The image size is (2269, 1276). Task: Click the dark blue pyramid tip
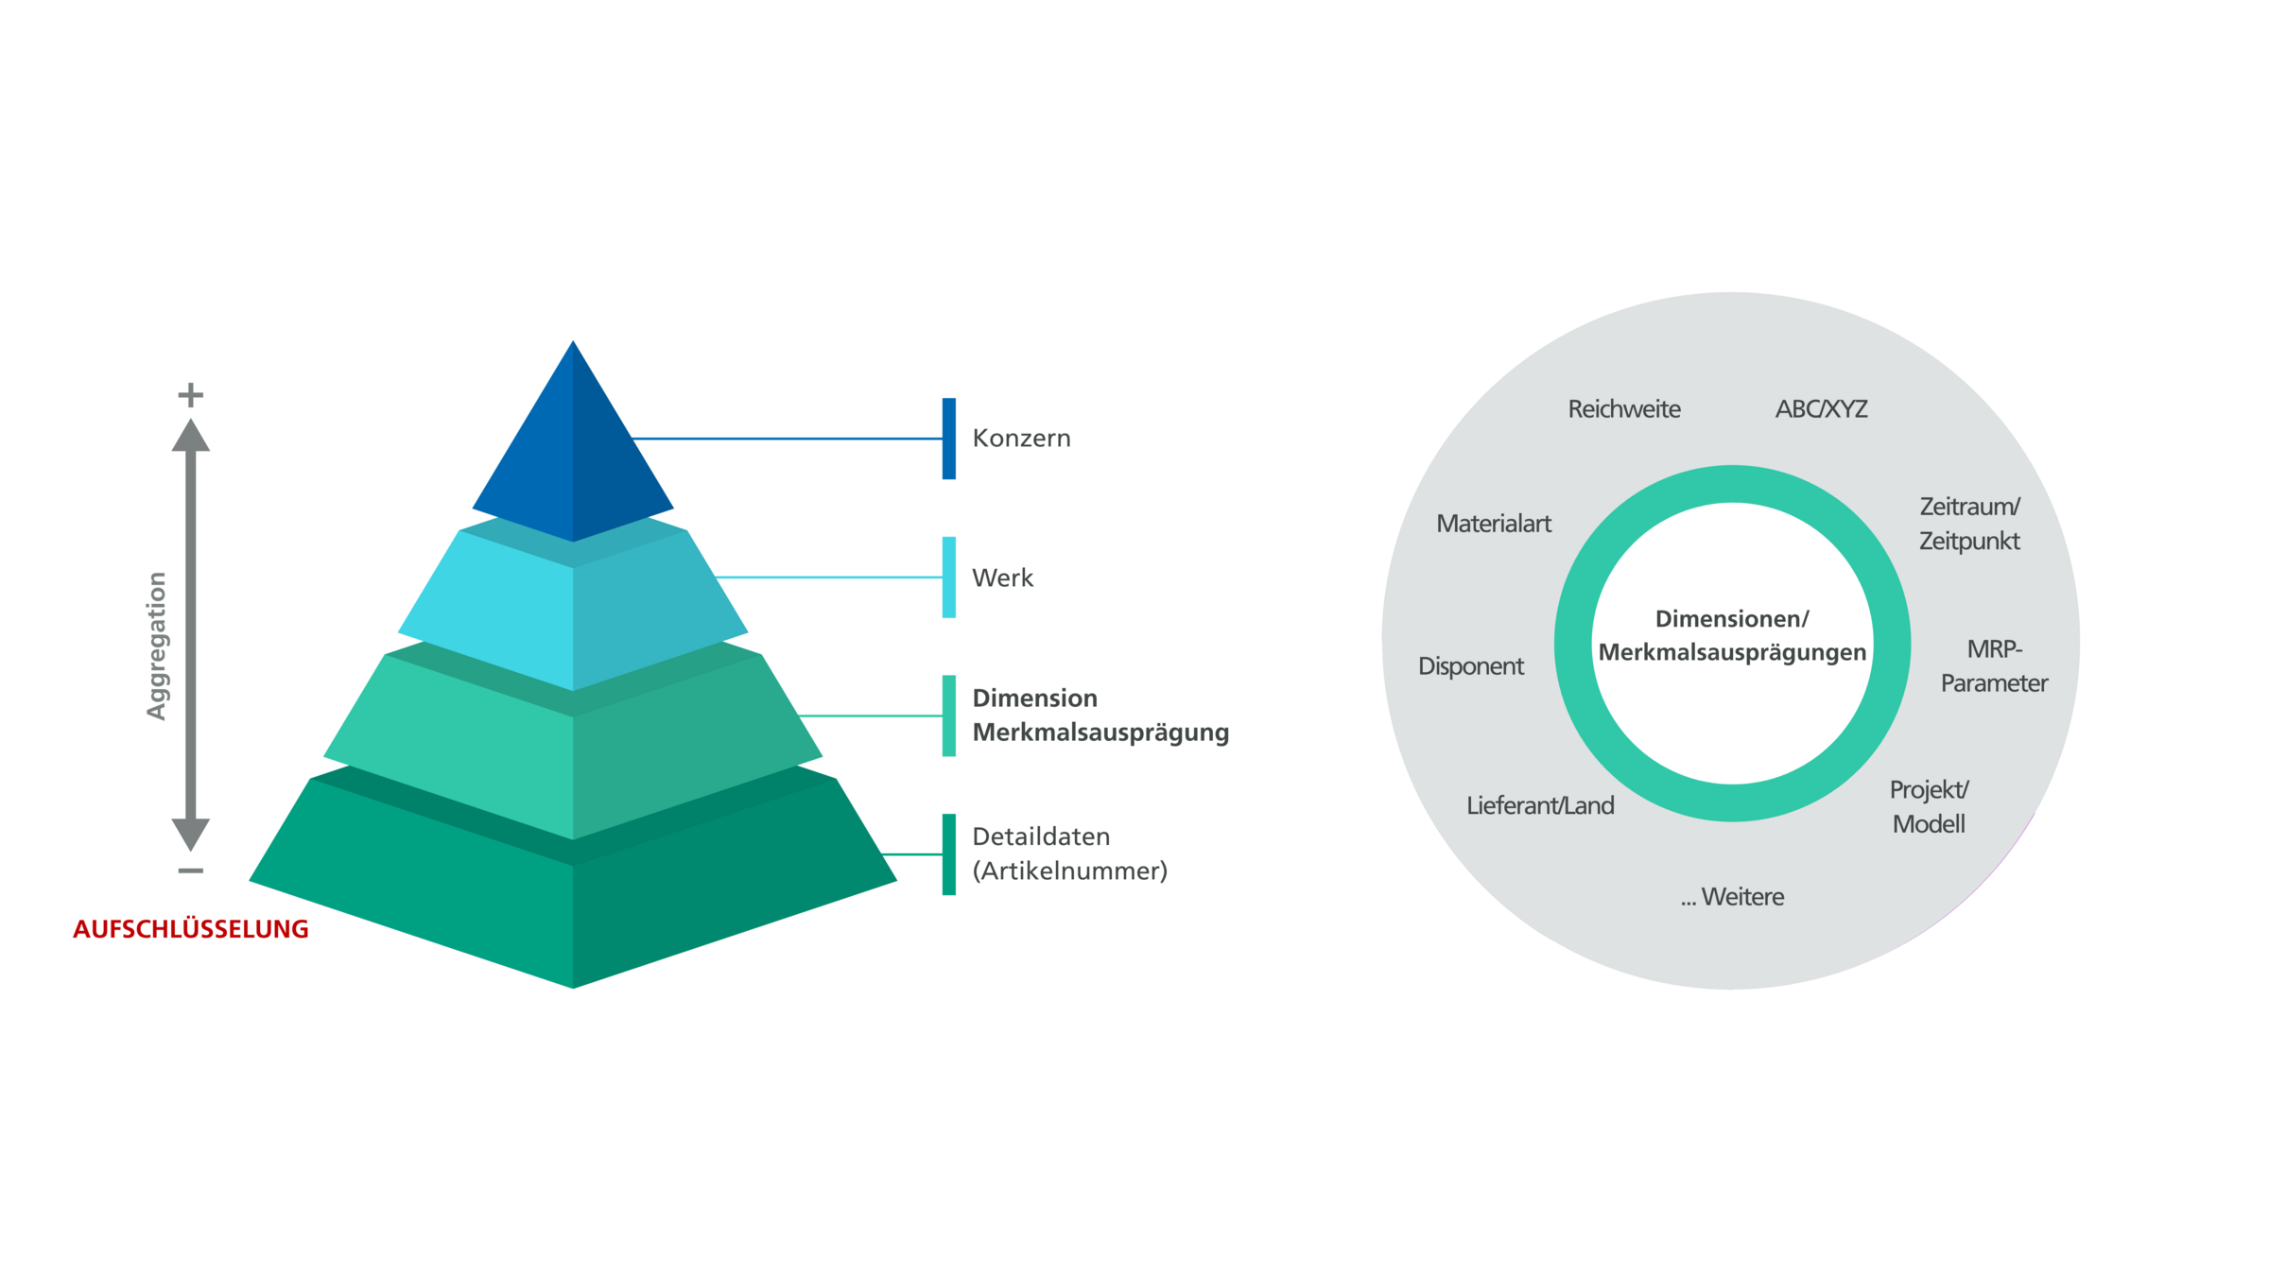572,454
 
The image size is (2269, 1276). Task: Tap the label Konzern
1021,439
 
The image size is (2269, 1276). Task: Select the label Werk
1002,578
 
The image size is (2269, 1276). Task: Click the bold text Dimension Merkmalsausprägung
1100,716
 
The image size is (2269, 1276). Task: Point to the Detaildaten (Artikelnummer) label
1069,854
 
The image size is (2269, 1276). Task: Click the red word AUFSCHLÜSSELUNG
191,929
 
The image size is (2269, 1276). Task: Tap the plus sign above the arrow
191,394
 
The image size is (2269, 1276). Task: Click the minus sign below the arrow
191,871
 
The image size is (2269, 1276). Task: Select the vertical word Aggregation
157,646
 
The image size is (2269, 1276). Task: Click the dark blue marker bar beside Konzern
948,439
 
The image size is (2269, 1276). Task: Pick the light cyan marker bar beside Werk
948,578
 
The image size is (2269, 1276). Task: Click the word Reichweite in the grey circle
1624,409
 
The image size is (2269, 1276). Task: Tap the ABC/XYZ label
1821,409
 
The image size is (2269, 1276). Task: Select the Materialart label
1494,524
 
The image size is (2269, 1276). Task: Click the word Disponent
1471,666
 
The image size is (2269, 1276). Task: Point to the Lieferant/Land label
1540,805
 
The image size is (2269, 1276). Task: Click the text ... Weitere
1732,897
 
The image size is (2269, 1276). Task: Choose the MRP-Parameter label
1994,666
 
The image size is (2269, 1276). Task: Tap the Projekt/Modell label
1929,807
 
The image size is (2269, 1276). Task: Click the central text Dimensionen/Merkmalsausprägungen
1732,635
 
